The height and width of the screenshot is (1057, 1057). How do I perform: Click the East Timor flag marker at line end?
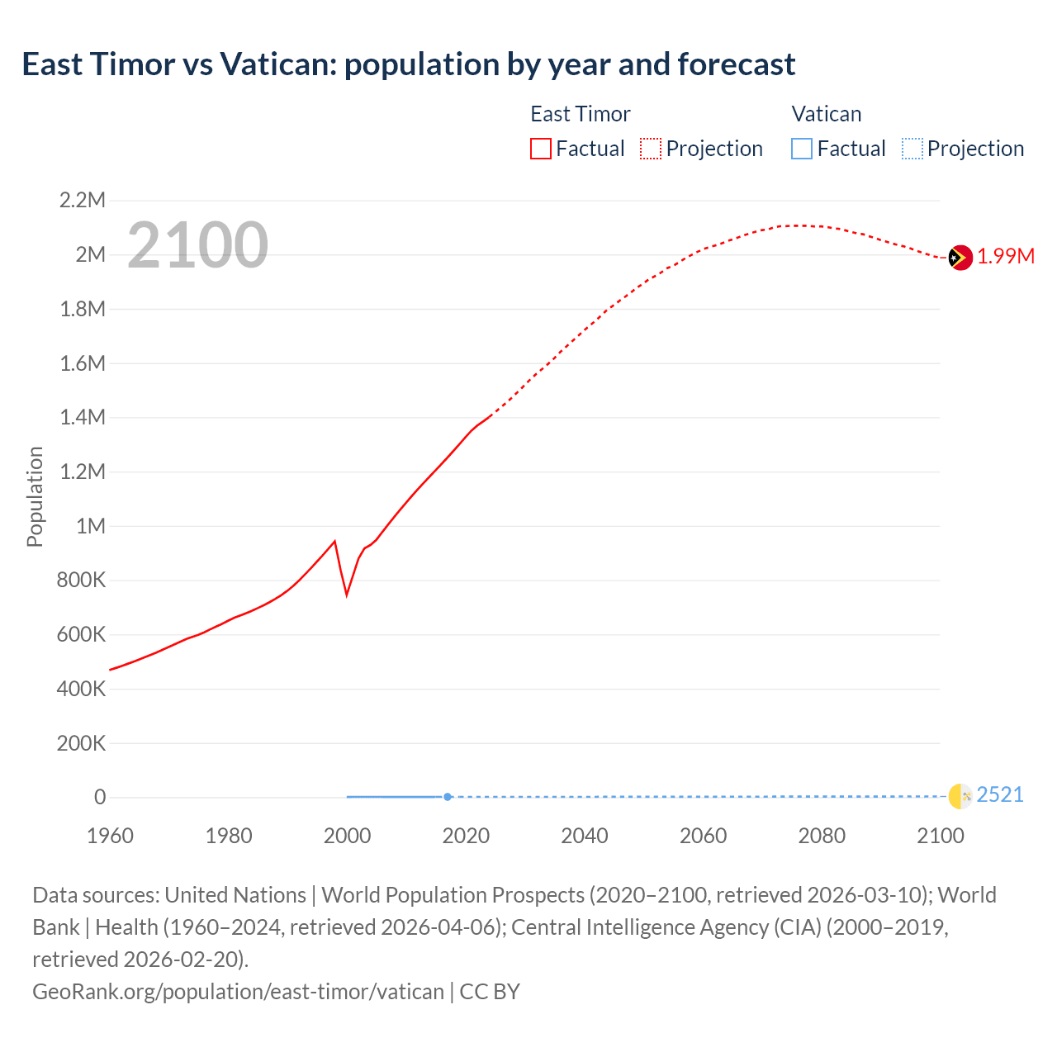[960, 258]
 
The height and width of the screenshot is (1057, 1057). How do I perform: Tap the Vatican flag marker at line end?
[960, 795]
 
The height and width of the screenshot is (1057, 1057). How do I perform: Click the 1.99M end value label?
[1006, 257]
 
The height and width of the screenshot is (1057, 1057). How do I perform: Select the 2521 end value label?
[1000, 794]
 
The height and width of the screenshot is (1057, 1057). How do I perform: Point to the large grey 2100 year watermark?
[198, 245]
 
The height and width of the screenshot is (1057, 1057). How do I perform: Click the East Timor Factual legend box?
[540, 149]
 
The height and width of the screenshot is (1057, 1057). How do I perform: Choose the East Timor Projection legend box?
[651, 149]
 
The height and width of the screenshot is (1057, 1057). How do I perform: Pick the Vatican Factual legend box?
[801, 149]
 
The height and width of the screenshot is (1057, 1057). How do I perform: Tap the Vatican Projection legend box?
[912, 149]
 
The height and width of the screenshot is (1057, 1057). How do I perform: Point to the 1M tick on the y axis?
[90, 526]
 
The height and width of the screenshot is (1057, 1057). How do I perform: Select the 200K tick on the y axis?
[81, 743]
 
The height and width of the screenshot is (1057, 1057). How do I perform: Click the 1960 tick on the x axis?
[110, 836]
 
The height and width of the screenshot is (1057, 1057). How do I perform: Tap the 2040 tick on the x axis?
[585, 836]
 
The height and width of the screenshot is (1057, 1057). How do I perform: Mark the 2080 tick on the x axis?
[822, 836]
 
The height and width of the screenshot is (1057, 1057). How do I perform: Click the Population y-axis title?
[35, 496]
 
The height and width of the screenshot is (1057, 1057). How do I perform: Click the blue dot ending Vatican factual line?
[448, 797]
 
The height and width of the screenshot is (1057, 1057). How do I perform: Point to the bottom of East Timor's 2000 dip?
[347, 594]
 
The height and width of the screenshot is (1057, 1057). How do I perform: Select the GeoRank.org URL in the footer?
[238, 991]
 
